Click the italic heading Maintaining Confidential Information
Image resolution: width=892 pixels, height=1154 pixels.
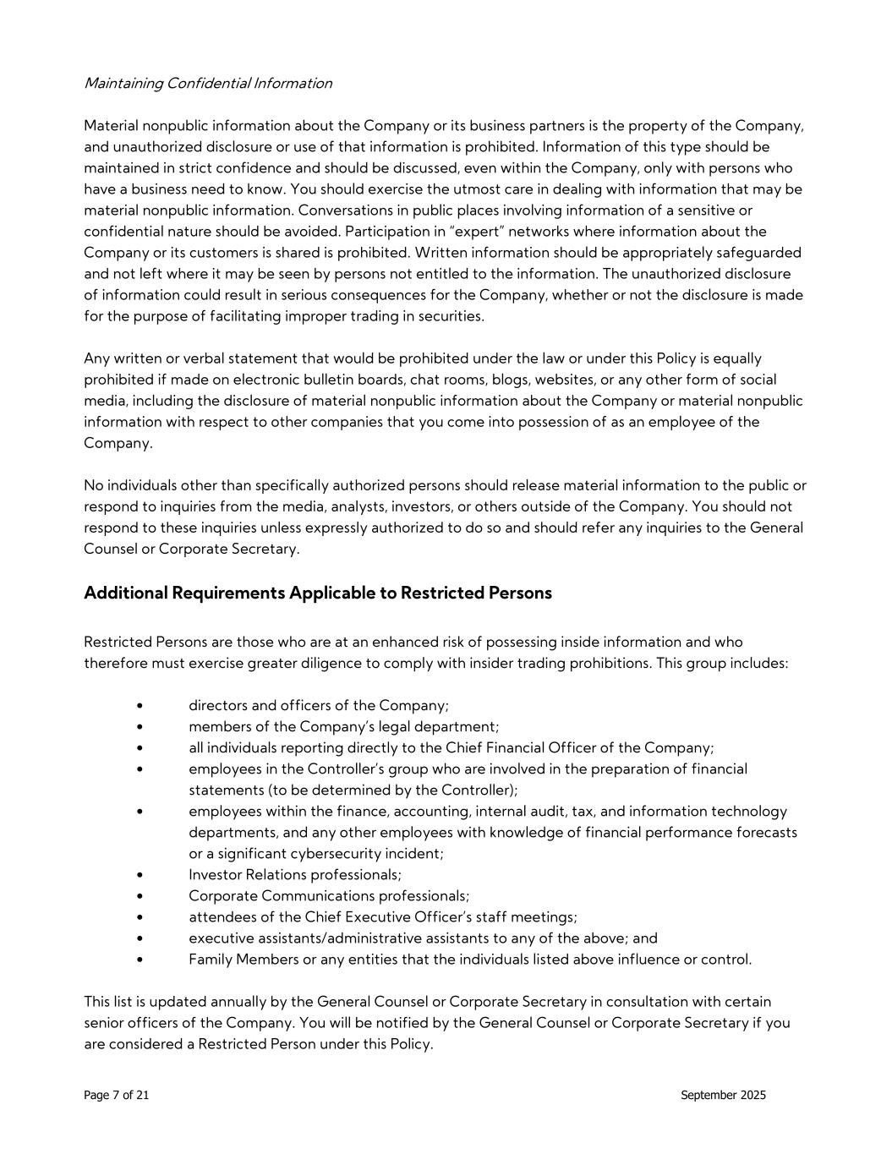(208, 83)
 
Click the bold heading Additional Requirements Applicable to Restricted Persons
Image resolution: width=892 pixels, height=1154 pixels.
(317, 593)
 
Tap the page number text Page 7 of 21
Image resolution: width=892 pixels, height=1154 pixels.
(117, 1095)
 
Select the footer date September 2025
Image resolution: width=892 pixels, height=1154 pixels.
(723, 1095)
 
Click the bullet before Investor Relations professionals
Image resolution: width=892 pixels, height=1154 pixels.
(139, 875)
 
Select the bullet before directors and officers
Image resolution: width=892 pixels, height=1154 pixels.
(139, 706)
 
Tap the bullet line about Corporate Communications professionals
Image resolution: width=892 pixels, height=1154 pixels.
(329, 896)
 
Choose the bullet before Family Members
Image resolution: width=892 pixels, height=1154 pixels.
(139, 960)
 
